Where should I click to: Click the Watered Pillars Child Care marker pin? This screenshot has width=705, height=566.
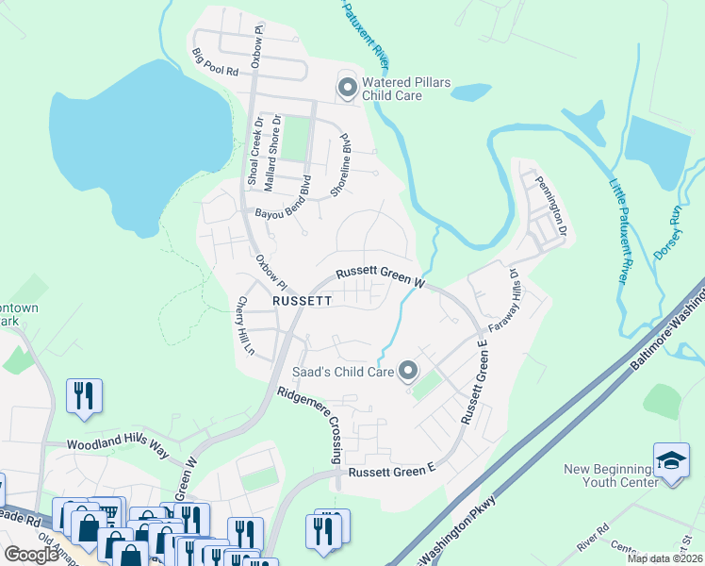coord(347,89)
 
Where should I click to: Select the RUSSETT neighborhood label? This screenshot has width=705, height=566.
coord(302,301)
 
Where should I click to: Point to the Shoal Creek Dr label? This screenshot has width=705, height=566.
coord(254,151)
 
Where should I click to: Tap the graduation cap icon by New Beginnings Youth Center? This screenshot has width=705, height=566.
coord(671,459)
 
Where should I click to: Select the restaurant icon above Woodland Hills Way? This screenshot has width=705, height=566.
coord(83,395)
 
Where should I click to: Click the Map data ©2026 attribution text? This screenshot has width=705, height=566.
coord(665,558)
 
